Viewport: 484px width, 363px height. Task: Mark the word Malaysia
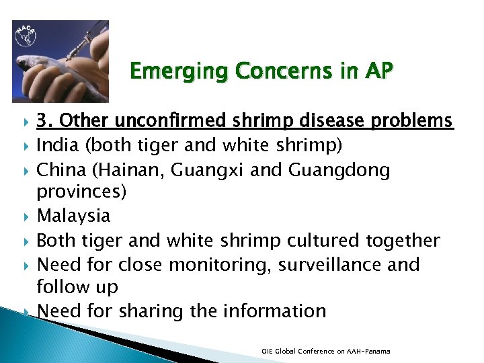74,216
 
